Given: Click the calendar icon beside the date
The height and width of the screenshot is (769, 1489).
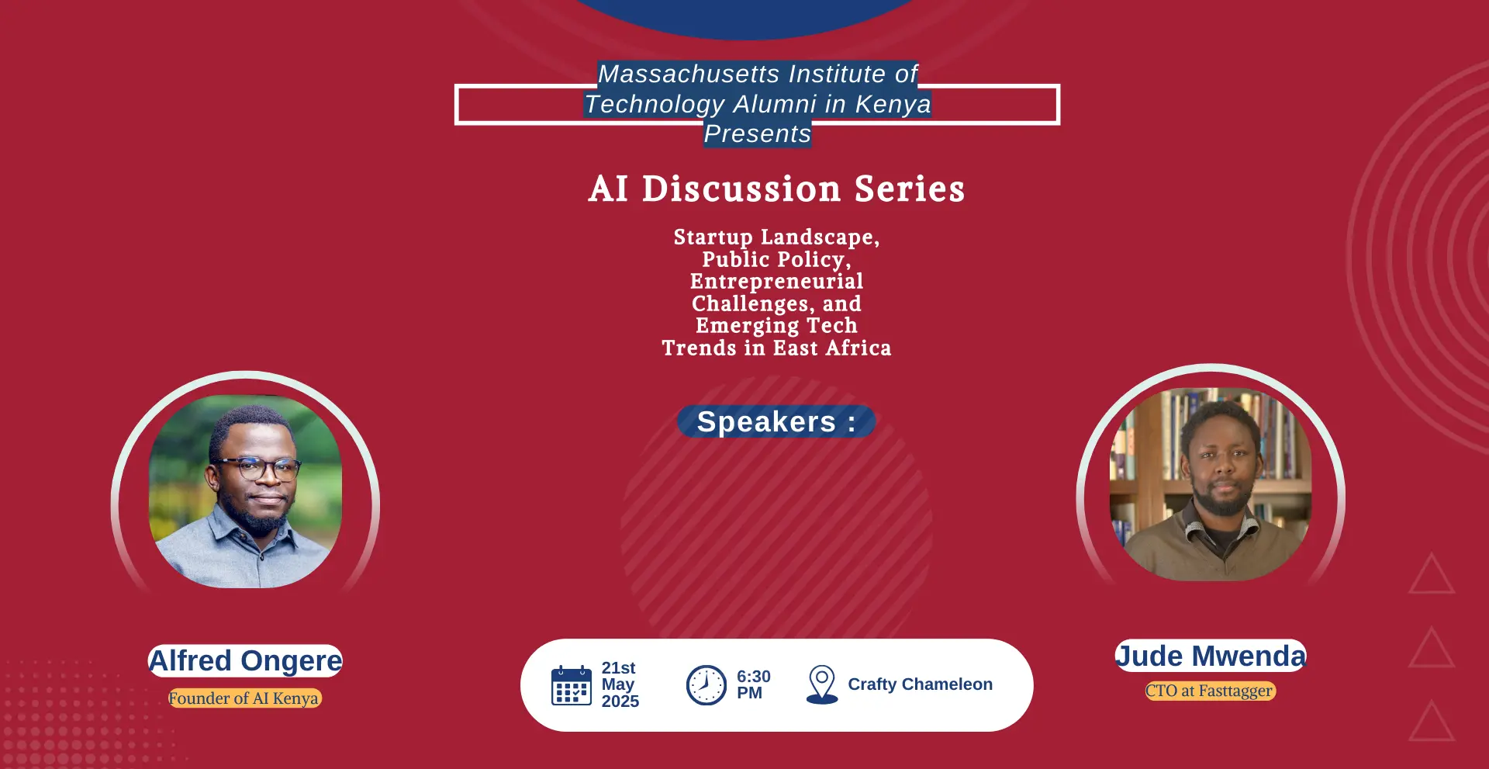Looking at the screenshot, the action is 572,685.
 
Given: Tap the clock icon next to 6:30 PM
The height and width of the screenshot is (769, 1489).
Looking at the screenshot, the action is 706,685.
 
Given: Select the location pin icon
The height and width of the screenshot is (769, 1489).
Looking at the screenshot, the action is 822,684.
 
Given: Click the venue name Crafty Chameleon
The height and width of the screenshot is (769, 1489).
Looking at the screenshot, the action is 920,684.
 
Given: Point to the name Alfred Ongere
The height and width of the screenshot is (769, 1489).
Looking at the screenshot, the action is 245,661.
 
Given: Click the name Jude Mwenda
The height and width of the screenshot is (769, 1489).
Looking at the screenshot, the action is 1211,656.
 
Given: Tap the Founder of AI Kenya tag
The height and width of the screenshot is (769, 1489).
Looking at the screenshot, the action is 244,698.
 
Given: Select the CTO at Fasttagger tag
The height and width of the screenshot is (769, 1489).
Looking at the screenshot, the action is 1210,691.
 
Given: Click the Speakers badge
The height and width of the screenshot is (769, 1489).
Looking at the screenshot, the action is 776,421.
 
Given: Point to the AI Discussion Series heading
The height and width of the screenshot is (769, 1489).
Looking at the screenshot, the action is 776,189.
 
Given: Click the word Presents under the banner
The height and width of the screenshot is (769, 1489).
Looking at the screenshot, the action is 757,134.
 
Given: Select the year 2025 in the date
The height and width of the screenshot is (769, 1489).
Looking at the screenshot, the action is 620,701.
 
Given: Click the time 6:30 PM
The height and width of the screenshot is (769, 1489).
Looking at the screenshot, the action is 754,684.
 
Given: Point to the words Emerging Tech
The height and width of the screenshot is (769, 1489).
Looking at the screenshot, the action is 776,326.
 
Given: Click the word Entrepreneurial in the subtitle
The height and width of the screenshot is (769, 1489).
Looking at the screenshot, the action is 776,281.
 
